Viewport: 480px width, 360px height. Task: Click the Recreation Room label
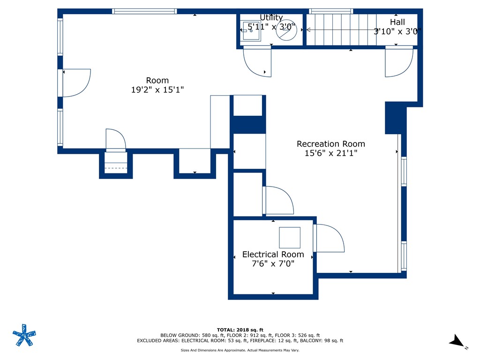click(330, 144)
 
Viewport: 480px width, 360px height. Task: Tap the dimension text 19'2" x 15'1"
click(157, 90)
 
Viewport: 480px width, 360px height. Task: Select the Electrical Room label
click(273, 255)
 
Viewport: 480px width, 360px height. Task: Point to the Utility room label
click(271, 18)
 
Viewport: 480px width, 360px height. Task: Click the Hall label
click(397, 22)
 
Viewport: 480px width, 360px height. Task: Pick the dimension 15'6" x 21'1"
click(330, 153)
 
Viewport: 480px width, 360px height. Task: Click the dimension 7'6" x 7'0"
click(273, 263)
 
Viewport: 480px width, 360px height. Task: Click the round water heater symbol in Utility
click(285, 30)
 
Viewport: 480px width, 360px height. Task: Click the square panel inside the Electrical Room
click(289, 237)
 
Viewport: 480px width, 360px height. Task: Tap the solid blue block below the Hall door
click(395, 118)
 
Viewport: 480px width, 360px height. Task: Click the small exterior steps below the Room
click(115, 165)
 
